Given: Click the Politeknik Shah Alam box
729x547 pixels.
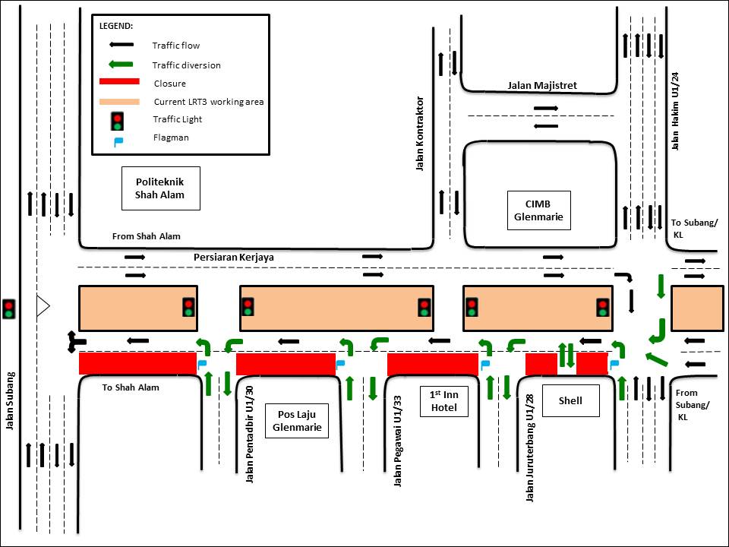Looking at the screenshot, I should coord(160,188).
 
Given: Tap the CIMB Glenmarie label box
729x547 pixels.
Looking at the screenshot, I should coord(538,210).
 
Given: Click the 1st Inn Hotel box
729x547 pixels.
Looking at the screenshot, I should coord(444,401).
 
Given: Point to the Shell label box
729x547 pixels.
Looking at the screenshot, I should coord(570,400).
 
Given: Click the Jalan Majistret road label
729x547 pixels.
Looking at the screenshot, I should coord(542,86).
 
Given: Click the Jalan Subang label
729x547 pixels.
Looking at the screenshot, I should coord(11,401).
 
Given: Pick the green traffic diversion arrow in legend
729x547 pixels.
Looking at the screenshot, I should coord(118,65).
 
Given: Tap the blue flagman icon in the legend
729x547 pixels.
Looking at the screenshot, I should coord(118,140).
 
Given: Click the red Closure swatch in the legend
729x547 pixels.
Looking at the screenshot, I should coord(119,82).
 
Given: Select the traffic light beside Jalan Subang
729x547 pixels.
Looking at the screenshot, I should coord(9,308).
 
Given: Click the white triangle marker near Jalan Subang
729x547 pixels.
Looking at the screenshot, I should coord(43,307).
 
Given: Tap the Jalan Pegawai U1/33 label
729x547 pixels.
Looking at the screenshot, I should coord(397,441).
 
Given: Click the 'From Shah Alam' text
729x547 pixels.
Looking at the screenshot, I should coord(147,236).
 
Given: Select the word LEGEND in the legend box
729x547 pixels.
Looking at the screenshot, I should coord(116,26).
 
